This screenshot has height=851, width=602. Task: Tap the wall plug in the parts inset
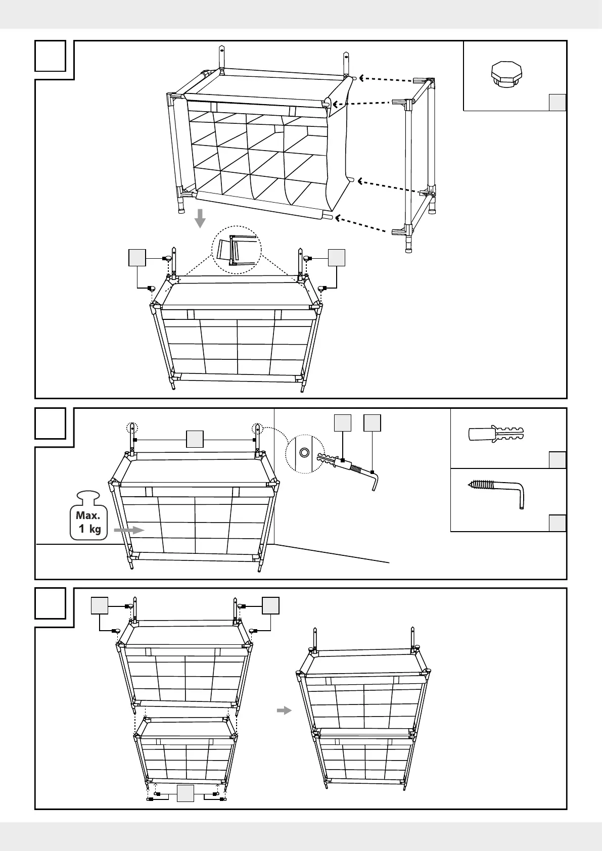pos(495,434)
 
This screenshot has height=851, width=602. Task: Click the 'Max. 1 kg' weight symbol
pos(89,516)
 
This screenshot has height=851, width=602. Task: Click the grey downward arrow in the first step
pos(201,218)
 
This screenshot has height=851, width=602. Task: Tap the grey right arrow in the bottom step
pos(285,711)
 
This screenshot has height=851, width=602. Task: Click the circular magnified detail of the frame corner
pos(236,250)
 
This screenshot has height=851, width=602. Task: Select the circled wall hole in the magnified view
pos(304,452)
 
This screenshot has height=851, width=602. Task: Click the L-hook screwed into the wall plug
pos(361,474)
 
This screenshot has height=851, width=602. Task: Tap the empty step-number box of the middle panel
pos(51,423)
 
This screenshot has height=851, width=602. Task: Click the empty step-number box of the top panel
pos(51,56)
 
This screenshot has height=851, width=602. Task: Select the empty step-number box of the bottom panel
pos(51,603)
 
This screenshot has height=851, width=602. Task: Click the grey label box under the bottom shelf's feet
pos(186,793)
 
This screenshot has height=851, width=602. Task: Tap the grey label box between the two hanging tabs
pos(195,439)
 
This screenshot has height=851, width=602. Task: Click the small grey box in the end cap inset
pos(557,102)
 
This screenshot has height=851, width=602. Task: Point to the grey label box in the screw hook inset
pos(557,523)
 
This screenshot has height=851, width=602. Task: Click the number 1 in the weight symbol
pos(81,529)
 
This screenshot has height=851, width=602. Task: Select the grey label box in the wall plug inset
pos(557,460)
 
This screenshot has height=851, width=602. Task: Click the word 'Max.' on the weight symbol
pos(88,515)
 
